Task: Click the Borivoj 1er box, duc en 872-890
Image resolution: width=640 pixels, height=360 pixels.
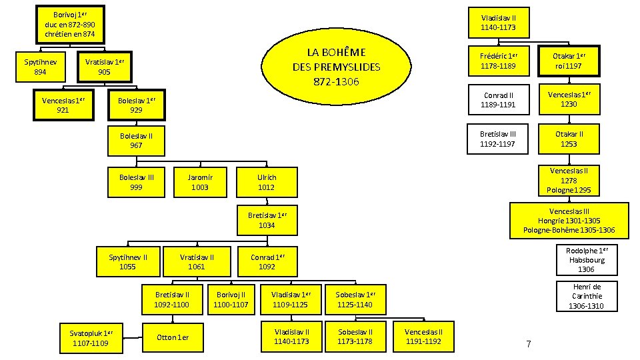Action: (70, 24)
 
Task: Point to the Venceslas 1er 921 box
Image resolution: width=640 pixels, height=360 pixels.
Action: (63, 105)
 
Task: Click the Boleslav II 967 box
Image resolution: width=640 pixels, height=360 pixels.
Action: (136, 140)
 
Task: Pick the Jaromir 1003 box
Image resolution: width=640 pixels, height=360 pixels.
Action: (199, 182)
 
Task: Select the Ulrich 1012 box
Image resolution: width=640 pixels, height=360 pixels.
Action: (267, 182)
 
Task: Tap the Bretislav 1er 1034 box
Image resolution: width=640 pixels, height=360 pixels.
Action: (267, 221)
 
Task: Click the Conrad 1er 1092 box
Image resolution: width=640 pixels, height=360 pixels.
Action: (267, 262)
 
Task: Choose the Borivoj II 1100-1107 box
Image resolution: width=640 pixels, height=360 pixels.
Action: (231, 299)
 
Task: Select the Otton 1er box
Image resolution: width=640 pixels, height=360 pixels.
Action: (172, 337)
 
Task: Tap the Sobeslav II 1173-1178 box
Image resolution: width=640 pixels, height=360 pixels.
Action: (355, 337)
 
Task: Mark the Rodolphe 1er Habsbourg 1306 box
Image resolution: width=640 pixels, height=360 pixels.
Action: (586, 260)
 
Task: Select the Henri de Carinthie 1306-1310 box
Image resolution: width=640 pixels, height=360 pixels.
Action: (586, 296)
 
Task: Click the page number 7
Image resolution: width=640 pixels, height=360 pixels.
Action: (528, 344)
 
